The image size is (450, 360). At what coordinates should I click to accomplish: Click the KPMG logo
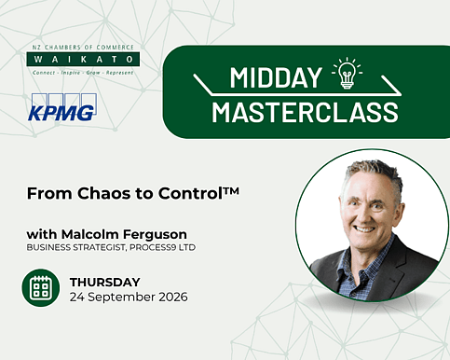62,107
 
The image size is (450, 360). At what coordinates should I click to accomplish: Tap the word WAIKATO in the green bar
83,59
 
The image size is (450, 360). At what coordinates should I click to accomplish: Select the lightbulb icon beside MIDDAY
347,73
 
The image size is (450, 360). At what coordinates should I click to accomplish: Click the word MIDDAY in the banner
276,77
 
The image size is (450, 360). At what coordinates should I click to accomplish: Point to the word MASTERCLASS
305,112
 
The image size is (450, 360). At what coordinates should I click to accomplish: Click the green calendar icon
41,288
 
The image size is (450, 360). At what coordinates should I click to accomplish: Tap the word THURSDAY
105,283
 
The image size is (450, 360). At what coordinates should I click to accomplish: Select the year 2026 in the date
173,297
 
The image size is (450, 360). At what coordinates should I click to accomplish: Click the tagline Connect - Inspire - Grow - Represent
83,73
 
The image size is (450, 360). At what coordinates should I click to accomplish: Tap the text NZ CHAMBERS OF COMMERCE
83,48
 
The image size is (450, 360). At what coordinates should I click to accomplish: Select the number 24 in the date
77,297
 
